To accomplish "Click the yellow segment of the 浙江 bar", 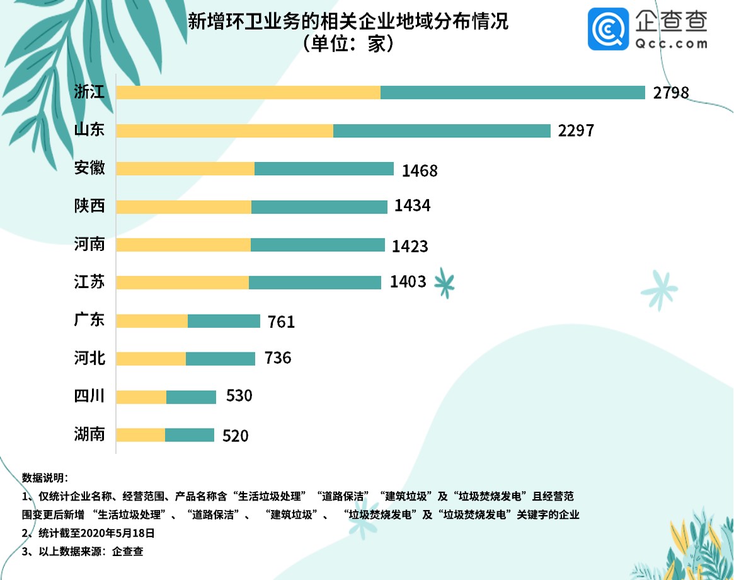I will [x=248, y=92].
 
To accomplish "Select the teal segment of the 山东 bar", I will [x=442, y=130].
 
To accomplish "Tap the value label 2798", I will [x=671, y=93].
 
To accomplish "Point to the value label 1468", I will [x=419, y=170].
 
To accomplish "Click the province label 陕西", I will [x=89, y=206].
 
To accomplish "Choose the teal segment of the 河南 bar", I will [x=318, y=245].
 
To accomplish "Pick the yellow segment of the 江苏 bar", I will [x=183, y=282].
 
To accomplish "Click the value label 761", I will [x=281, y=322].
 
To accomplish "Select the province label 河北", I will [x=89, y=359].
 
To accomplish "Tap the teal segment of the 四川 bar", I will [x=191, y=397].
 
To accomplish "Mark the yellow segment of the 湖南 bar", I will [x=141, y=435].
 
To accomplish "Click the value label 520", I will [x=236, y=436].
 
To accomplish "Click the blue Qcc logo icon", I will [x=608, y=28].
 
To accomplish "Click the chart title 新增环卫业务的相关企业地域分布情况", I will [x=348, y=22].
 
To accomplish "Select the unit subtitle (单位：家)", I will [x=348, y=44].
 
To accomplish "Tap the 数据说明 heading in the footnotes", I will [x=49, y=477].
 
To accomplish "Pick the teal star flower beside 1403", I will [x=444, y=283].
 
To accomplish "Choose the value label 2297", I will [x=576, y=131].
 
